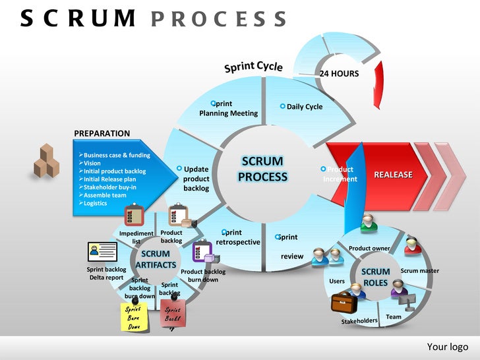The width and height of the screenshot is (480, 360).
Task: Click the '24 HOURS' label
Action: (339, 74)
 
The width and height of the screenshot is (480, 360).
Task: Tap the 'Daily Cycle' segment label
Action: (304, 107)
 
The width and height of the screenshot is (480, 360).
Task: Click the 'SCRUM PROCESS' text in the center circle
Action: (262, 169)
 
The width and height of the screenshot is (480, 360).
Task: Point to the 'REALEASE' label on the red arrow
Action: (393, 175)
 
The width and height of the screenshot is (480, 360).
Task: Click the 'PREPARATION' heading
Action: (102, 133)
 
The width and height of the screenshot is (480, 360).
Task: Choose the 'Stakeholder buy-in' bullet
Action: (109, 187)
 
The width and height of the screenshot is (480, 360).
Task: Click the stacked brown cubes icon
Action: (48, 162)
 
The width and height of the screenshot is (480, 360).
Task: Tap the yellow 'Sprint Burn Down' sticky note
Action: (134, 317)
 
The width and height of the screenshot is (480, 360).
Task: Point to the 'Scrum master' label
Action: (419, 271)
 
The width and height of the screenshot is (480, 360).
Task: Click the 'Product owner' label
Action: (369, 249)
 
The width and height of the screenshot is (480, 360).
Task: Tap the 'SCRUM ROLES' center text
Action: (376, 277)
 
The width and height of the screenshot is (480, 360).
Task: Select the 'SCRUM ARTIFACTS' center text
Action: (156, 259)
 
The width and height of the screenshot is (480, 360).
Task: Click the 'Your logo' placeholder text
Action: (447, 347)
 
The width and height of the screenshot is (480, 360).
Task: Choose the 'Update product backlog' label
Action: (196, 179)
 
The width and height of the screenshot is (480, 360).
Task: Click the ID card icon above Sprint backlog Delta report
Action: (102, 251)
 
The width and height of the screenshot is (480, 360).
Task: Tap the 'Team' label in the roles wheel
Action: (394, 317)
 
